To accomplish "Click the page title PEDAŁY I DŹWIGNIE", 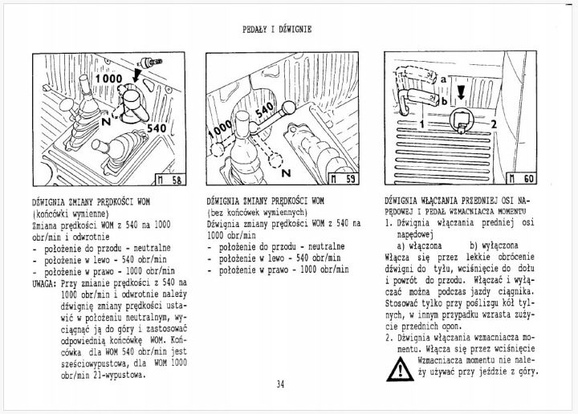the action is [277, 29].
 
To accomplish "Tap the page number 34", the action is [280, 384].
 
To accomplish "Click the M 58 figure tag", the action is [169, 180].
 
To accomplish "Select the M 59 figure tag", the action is [344, 179].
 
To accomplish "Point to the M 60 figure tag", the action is [521, 179].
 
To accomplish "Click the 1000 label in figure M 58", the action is [108, 79].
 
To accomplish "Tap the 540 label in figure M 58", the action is [157, 128].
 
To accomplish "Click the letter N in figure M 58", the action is [106, 121].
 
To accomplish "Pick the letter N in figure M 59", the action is [287, 172].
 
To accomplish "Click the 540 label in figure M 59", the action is [265, 110].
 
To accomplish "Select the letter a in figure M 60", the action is [443, 79].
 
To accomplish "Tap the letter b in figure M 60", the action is [444, 100].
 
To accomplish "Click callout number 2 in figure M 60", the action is [494, 124].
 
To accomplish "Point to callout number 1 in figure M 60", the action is [422, 124].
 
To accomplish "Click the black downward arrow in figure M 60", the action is [461, 92].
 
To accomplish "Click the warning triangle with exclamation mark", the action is [400, 369].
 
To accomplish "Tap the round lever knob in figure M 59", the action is [289, 108].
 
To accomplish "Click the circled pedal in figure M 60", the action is [461, 121].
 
